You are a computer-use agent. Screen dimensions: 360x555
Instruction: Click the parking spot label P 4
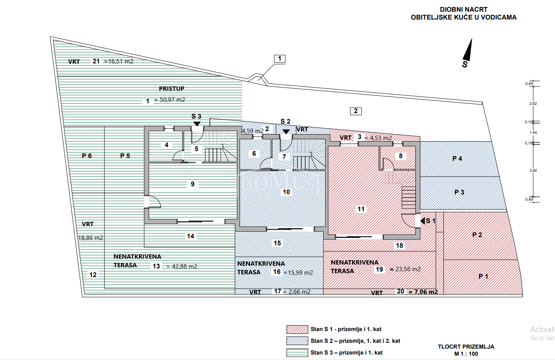(x=457, y=158)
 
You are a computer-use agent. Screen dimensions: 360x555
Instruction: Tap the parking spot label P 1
(x=483, y=276)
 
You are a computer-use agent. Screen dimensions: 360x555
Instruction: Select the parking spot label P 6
(x=87, y=156)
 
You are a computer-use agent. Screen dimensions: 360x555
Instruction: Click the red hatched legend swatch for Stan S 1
(x=297, y=329)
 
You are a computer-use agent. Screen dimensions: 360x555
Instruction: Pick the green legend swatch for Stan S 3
(x=297, y=353)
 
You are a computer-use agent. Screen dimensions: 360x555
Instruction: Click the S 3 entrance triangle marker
(x=197, y=124)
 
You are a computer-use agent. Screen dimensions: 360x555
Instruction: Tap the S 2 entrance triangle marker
(x=286, y=131)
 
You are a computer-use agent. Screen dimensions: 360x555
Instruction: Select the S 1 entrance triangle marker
(x=423, y=221)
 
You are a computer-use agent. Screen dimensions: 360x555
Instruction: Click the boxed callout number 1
(x=279, y=59)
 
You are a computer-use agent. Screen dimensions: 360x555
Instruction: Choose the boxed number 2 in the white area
(x=355, y=111)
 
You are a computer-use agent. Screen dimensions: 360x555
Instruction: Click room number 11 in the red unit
(x=361, y=209)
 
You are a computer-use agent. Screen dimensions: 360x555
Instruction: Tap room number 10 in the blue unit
(x=287, y=192)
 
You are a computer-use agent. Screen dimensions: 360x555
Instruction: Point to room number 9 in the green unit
(x=193, y=184)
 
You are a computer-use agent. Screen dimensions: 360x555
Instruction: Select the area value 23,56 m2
(x=408, y=269)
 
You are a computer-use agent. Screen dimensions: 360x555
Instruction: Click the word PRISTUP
(x=171, y=89)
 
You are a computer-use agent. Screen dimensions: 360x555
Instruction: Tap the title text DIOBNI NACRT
(x=463, y=9)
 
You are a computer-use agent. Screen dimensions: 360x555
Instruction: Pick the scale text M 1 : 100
(x=466, y=354)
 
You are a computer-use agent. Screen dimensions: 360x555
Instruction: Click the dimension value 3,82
(x=533, y=171)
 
